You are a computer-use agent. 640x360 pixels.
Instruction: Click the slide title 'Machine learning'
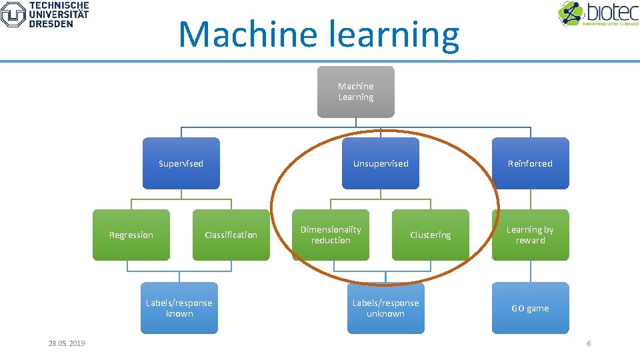(x=319, y=35)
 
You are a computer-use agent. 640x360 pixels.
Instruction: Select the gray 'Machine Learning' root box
(x=355, y=91)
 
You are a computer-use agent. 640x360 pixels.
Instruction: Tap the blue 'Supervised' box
(x=181, y=163)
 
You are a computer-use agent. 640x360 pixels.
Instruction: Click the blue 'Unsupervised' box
(x=381, y=163)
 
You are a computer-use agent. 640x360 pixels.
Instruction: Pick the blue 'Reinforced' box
(x=530, y=163)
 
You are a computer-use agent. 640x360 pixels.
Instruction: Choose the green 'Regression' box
(x=131, y=235)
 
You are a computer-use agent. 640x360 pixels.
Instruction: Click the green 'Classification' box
(x=231, y=235)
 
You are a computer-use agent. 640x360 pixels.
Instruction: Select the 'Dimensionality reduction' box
(x=331, y=235)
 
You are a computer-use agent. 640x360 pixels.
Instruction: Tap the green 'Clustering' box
(x=430, y=235)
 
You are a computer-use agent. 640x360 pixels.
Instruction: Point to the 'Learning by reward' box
(x=530, y=235)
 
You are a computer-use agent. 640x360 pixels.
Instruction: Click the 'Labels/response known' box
(x=179, y=308)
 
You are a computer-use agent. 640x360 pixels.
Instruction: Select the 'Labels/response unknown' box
(x=385, y=308)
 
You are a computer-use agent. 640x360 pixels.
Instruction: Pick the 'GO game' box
(x=530, y=308)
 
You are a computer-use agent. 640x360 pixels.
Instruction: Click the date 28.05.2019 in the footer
(x=67, y=343)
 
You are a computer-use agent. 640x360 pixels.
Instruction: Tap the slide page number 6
(x=589, y=343)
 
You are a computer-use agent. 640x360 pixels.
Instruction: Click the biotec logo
(x=597, y=14)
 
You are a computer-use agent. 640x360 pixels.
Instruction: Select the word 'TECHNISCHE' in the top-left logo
(x=59, y=5)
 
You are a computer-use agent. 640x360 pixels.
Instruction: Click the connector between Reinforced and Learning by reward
(x=531, y=199)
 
